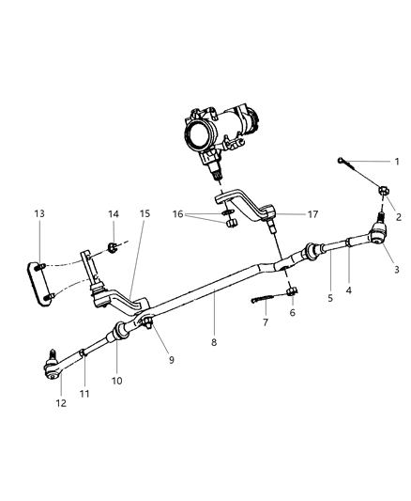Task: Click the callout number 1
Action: [x=395, y=162]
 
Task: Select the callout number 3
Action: [x=395, y=270]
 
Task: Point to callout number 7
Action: [x=265, y=322]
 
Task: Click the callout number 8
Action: [x=214, y=343]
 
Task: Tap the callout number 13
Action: [x=38, y=213]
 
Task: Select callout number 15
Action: [x=145, y=213]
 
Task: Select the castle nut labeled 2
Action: [x=383, y=195]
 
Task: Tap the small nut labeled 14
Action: [x=112, y=249]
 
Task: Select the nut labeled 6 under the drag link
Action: [x=292, y=290]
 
